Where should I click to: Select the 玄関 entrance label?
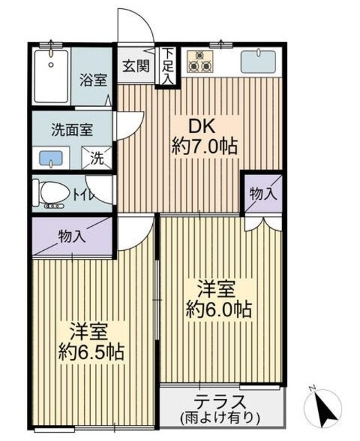136,67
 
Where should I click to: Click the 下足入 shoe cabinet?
168,66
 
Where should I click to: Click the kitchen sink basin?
258,62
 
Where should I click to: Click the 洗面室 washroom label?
72,130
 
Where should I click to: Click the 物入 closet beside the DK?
263,194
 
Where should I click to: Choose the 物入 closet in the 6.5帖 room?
72,237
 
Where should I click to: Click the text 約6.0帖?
218,308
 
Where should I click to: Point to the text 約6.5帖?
90,352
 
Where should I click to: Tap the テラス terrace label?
220,402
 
